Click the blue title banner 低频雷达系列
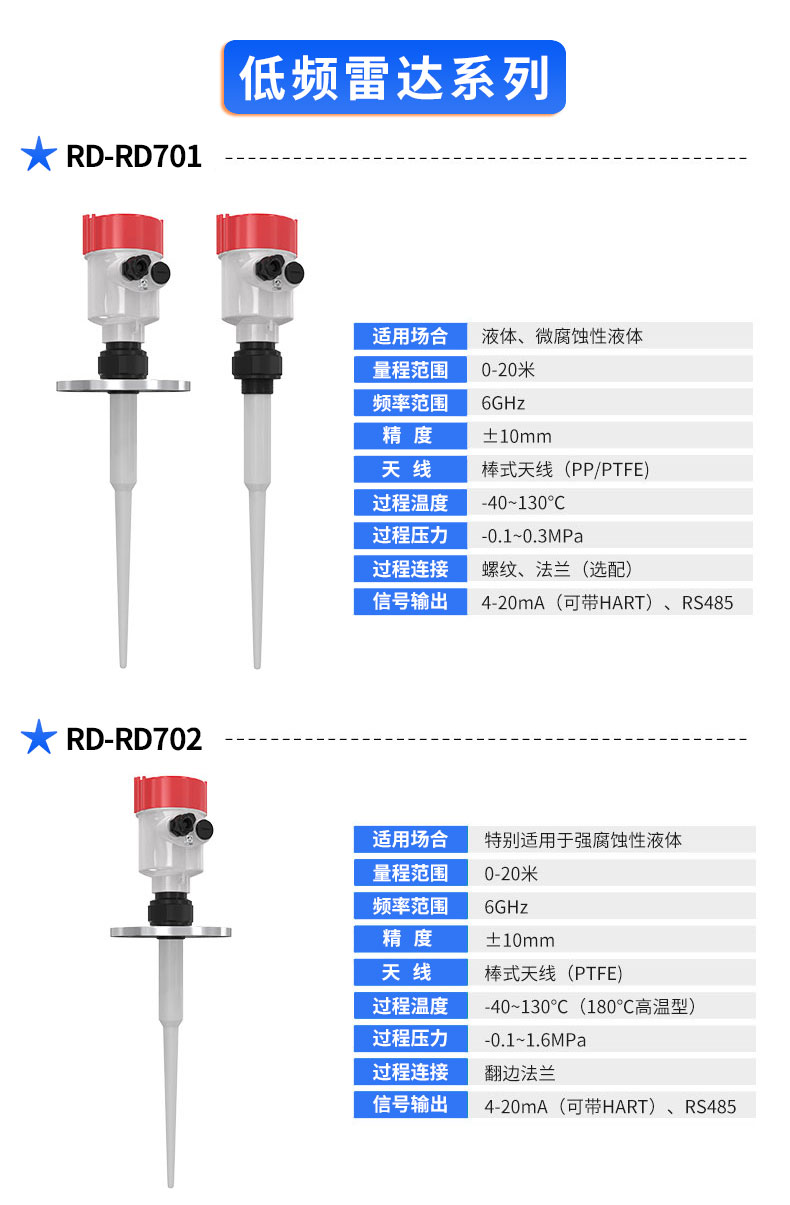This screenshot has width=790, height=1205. click(x=394, y=77)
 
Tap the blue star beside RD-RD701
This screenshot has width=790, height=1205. click(x=39, y=154)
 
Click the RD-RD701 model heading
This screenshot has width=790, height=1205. click(x=133, y=157)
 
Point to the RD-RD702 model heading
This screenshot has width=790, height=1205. click(x=134, y=739)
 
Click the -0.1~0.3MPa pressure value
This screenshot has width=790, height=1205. click(x=532, y=536)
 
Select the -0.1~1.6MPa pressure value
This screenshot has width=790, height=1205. click(x=535, y=1040)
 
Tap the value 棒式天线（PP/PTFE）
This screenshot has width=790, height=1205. click(x=566, y=469)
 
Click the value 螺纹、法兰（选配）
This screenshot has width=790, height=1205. click(x=557, y=569)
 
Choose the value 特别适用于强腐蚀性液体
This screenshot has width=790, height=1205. click(x=583, y=840)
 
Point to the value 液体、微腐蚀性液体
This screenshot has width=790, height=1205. click(x=562, y=336)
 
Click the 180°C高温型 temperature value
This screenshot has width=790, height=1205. click(x=638, y=1006)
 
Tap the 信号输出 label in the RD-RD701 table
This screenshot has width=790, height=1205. click(x=410, y=601)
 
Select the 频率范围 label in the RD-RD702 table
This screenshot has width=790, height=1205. click(x=410, y=906)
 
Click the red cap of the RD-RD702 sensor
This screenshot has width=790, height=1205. click(x=170, y=794)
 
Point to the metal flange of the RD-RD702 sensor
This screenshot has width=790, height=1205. click(x=170, y=932)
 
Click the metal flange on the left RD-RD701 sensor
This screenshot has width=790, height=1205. click(x=123, y=385)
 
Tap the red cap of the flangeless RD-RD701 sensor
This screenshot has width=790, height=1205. click(x=257, y=233)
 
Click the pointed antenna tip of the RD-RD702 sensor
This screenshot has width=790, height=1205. click(x=170, y=1183)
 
